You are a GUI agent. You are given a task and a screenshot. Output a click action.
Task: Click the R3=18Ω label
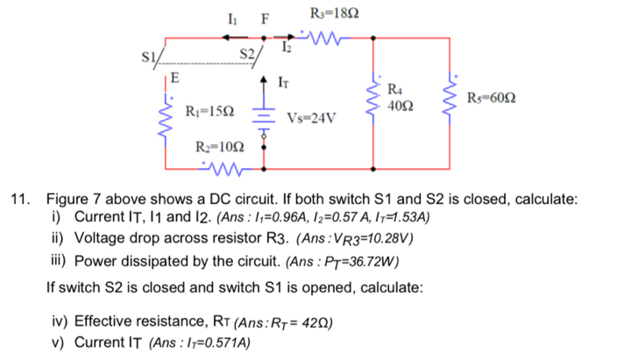(x=330, y=13)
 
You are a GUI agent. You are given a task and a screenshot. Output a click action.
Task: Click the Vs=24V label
(x=311, y=115)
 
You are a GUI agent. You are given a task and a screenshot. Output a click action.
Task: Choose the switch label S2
(x=250, y=60)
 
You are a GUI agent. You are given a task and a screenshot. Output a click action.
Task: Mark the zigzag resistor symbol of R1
(x=166, y=117)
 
